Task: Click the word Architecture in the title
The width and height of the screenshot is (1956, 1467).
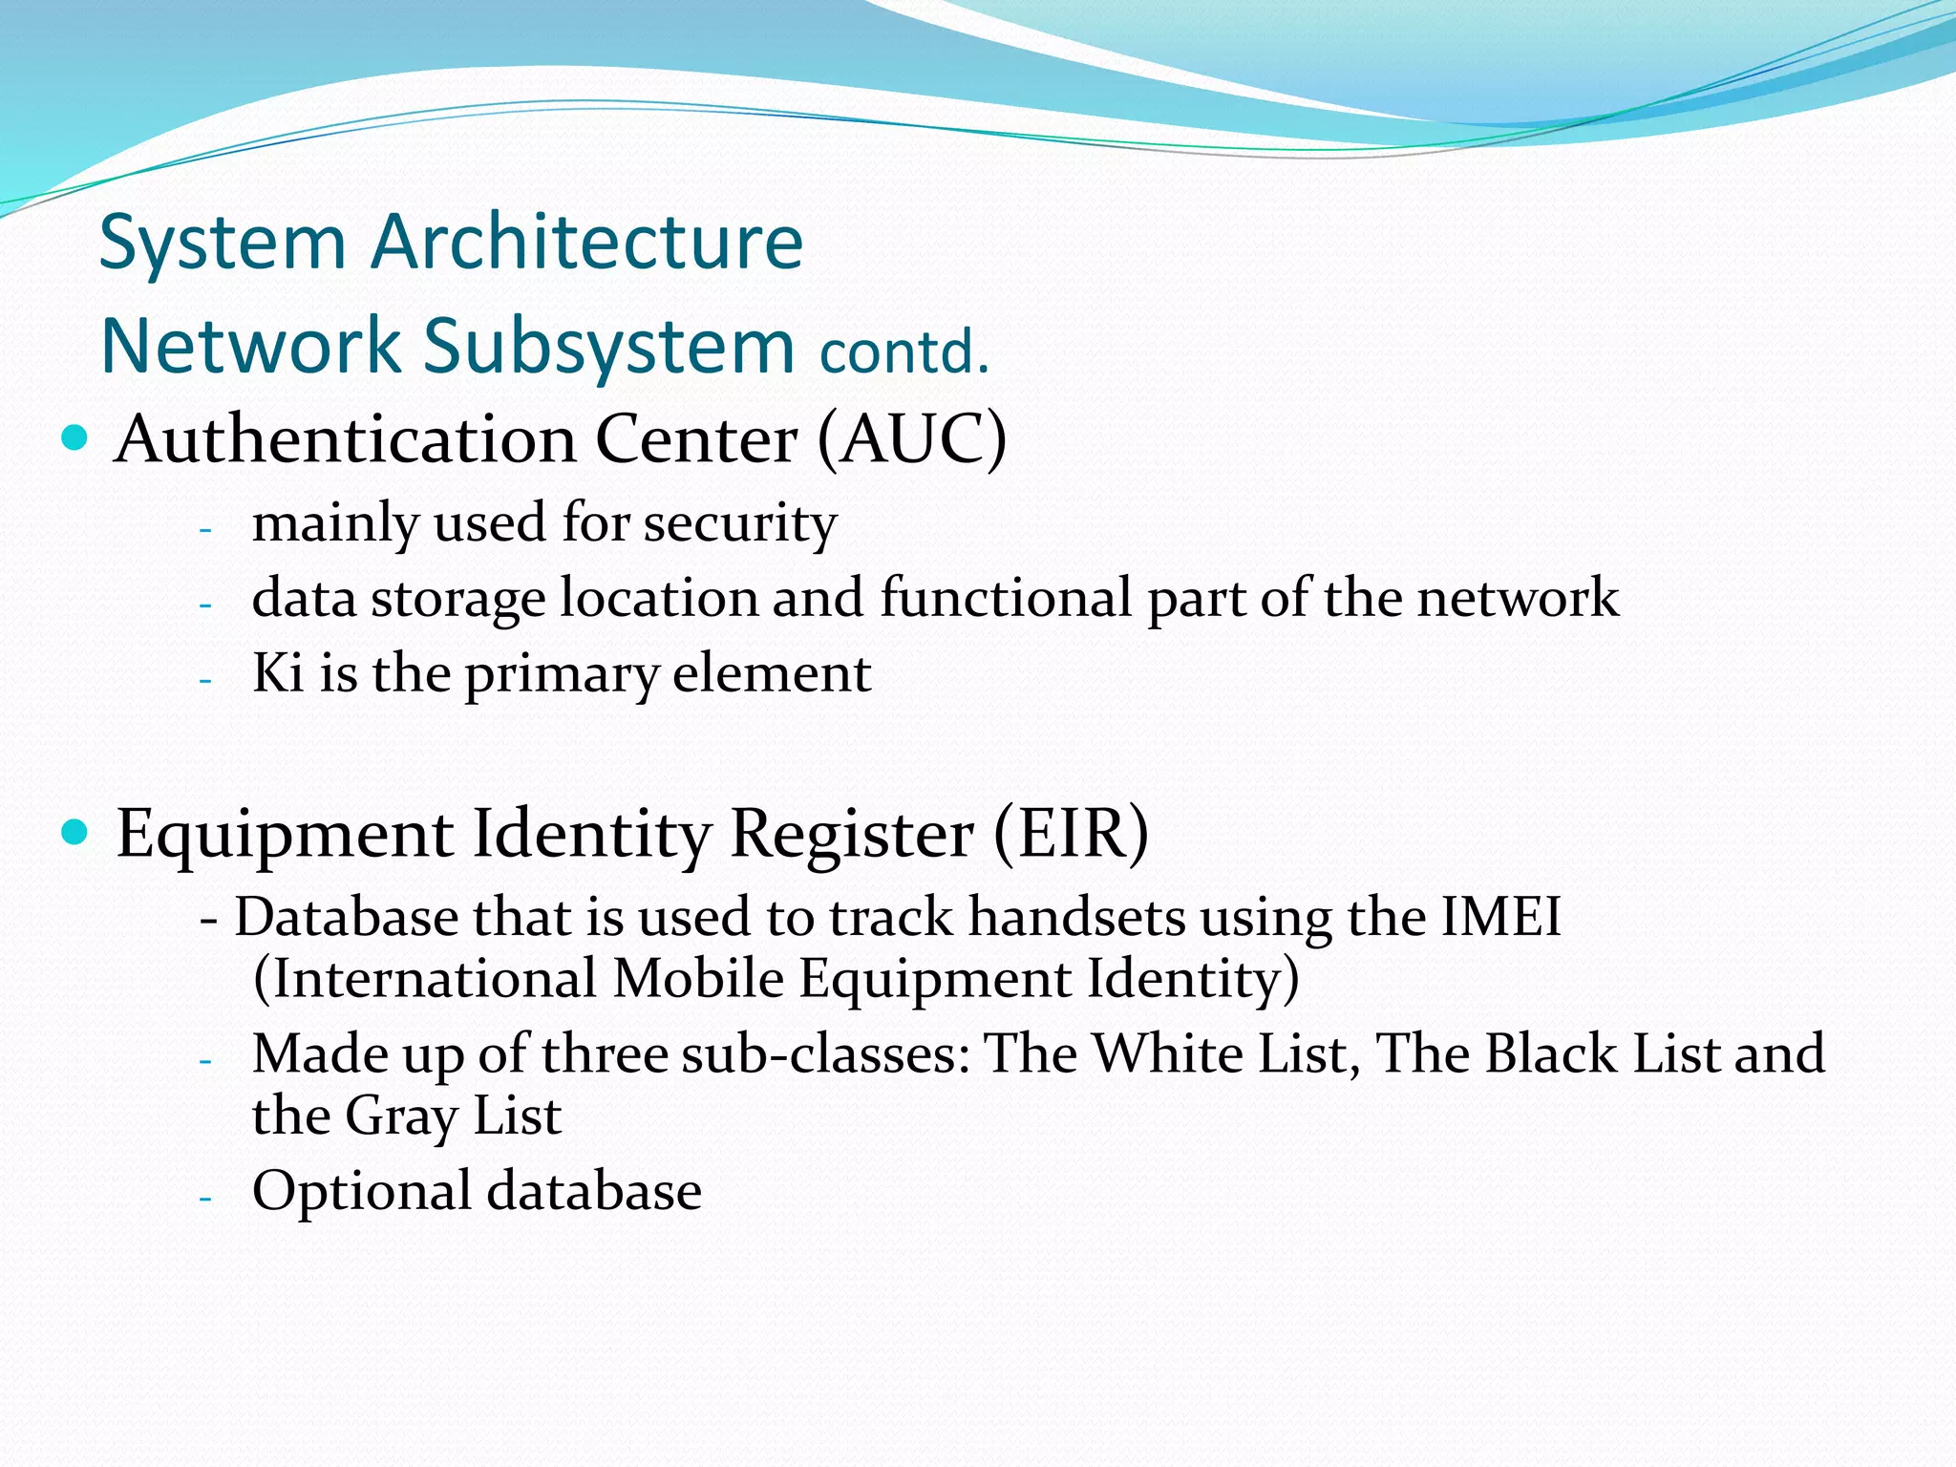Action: click(586, 243)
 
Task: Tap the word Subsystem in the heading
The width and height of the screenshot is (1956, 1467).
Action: click(608, 346)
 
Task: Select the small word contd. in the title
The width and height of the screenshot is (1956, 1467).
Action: click(904, 351)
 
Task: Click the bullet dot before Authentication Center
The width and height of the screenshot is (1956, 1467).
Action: click(74, 438)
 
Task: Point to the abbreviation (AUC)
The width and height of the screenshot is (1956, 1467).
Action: click(912, 440)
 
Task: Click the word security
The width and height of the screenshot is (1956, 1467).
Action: click(739, 523)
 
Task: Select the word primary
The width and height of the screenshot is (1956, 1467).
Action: click(562, 674)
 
